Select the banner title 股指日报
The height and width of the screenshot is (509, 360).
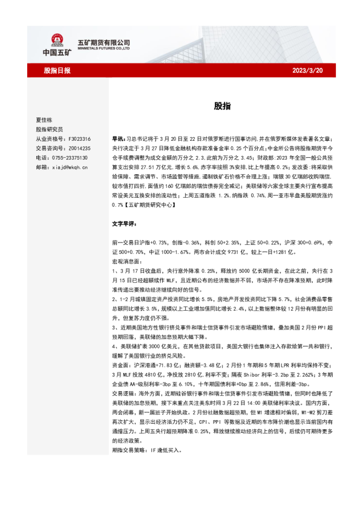[x=57, y=71]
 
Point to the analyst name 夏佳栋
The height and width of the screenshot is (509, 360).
[x=45, y=120]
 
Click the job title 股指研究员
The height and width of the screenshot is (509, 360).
[x=50, y=129]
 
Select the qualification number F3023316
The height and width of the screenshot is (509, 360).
[x=79, y=138]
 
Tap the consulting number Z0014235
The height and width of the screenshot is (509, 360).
[x=79, y=148]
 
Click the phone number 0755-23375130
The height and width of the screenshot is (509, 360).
[x=70, y=157]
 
